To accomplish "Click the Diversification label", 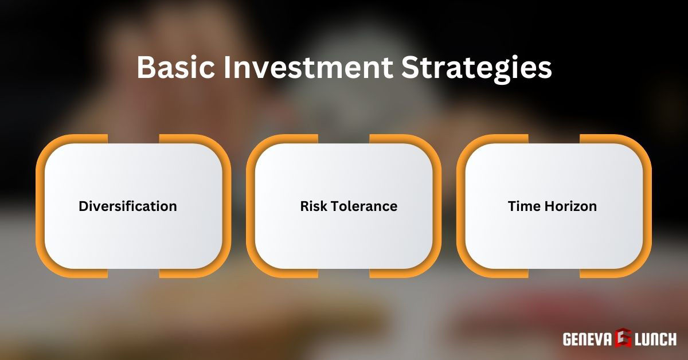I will coord(128,206).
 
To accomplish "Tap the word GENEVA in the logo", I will coord(587,339).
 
